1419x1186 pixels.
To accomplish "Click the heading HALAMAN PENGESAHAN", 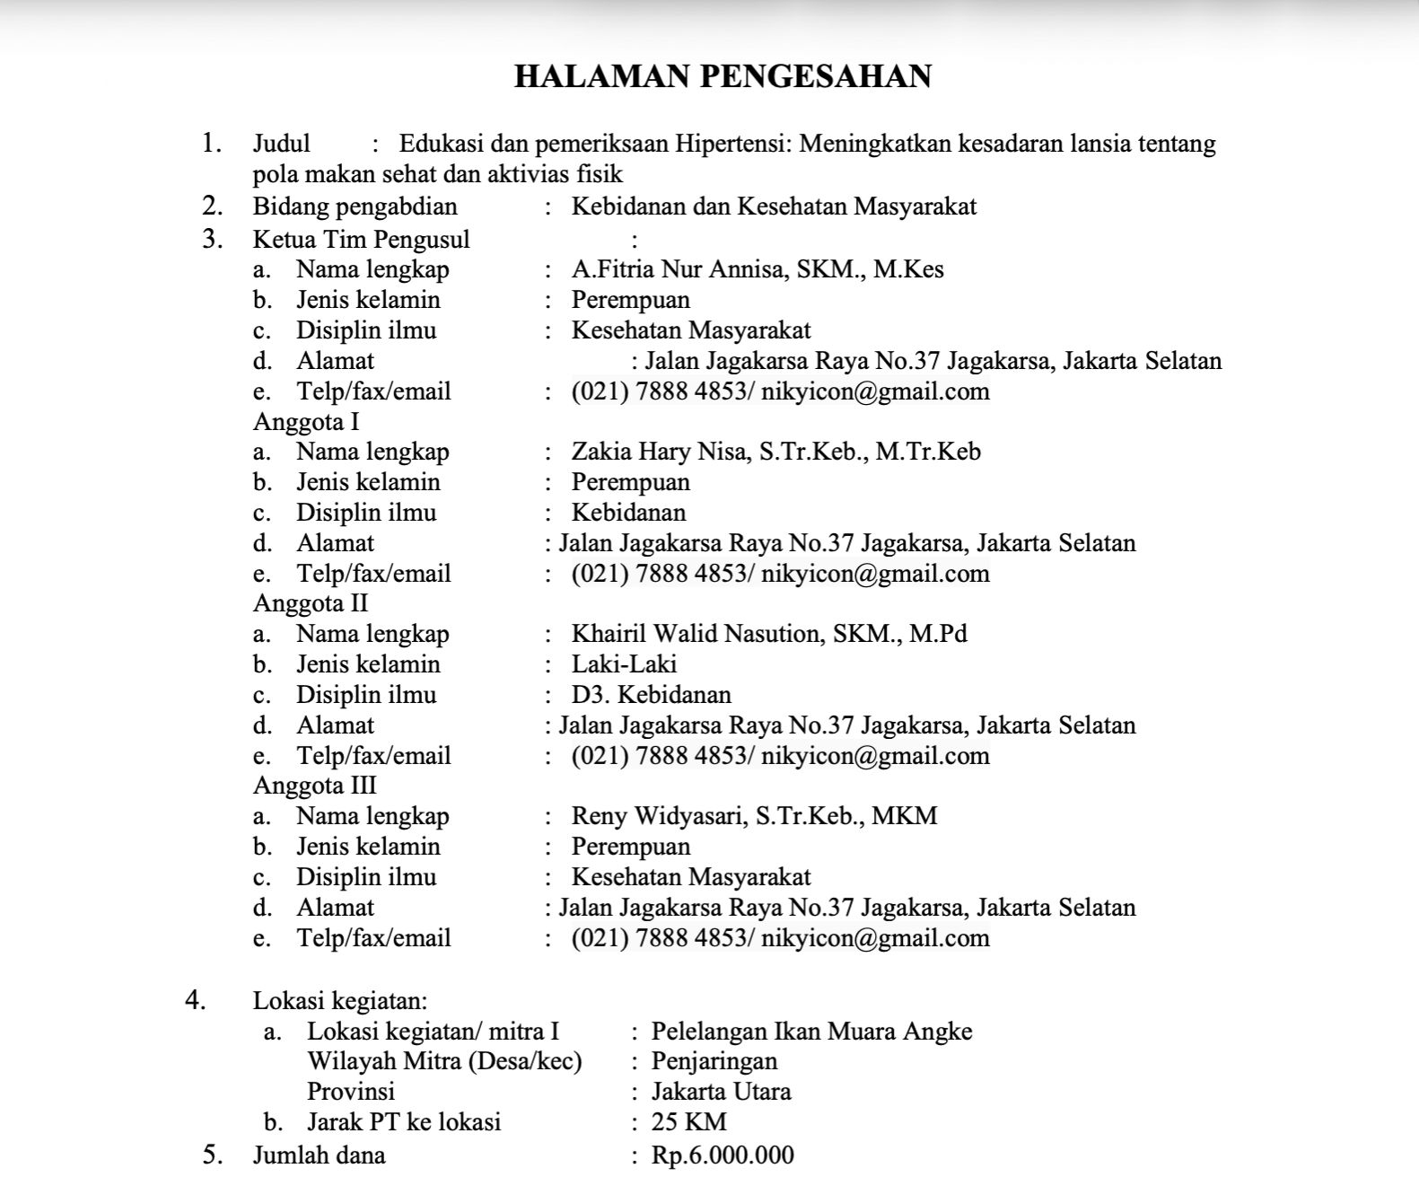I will point(723,76).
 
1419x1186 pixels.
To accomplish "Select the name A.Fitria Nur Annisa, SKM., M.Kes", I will point(758,269).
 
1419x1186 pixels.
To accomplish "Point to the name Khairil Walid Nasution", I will point(696,634).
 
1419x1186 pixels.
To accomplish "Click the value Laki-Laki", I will point(624,664).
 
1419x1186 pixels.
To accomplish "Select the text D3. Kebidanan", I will point(651,695).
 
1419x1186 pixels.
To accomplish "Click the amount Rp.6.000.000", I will point(723,1155).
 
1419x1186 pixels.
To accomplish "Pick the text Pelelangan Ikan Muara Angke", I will point(811,1031).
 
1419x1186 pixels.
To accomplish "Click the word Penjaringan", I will point(714,1061).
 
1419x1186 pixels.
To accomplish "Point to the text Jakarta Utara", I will point(721,1092).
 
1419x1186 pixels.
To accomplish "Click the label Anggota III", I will point(315,786).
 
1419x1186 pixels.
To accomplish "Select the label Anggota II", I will point(311,603).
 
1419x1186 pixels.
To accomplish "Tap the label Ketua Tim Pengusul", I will point(361,240).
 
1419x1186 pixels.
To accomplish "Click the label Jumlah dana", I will point(319,1155).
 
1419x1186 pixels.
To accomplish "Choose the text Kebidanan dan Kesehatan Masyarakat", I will point(774,206).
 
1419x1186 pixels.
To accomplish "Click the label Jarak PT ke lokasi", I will point(404,1121).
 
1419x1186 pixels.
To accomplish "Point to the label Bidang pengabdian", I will point(355,206).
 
